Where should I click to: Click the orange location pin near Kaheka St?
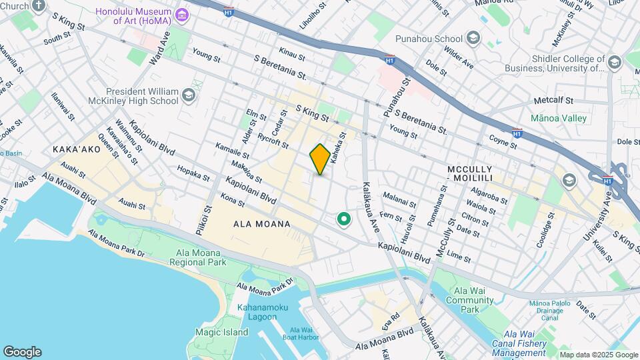click(320, 159)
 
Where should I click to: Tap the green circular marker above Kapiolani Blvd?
click(344, 219)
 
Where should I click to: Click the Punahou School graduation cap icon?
click(473, 38)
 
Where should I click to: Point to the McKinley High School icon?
click(189, 95)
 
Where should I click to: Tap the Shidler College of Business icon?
click(614, 63)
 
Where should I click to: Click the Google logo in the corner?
click(22, 351)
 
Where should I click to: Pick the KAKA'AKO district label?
click(76, 149)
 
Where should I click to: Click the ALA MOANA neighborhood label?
click(262, 224)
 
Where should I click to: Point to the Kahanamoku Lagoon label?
click(257, 311)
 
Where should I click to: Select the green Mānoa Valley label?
click(558, 118)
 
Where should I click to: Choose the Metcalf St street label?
click(559, 101)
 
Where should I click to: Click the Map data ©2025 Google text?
click(597, 355)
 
